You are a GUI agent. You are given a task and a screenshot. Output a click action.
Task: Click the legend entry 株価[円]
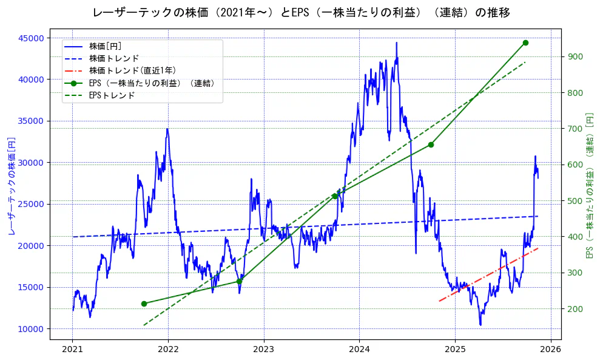pyautogui.click(x=105, y=46)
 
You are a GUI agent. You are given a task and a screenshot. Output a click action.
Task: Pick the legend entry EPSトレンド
pyautogui.click(x=112, y=95)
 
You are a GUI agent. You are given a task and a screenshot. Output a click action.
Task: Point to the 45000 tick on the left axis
pyautogui.click(x=48, y=38)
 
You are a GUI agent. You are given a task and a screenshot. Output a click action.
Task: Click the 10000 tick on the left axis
pyautogui.click(x=48, y=329)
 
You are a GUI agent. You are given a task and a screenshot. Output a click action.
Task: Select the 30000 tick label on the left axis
pyautogui.click(x=48, y=163)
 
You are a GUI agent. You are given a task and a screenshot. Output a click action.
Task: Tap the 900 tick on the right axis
pyautogui.click(x=575, y=57)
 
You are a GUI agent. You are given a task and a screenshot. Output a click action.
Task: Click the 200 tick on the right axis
pyautogui.click(x=575, y=309)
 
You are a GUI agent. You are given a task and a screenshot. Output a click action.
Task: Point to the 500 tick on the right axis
pyautogui.click(x=575, y=201)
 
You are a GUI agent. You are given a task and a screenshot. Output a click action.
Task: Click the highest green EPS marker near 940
pyautogui.click(x=525, y=43)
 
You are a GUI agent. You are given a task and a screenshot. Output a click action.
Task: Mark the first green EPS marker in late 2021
pyautogui.click(x=144, y=304)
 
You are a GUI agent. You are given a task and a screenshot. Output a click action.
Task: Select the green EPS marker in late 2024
pyautogui.click(x=431, y=144)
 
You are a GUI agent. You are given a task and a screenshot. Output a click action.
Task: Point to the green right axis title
pyautogui.click(x=589, y=185)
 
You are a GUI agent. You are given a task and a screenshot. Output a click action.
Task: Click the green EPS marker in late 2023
pyautogui.click(x=335, y=196)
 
